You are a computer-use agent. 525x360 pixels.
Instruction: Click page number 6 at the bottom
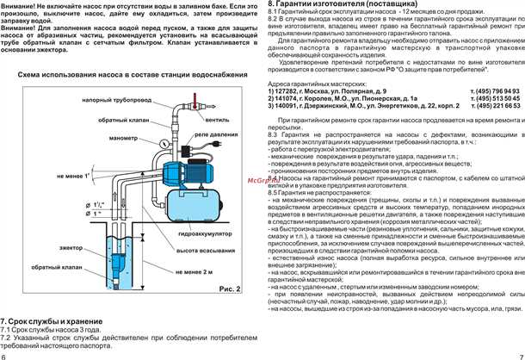(x=4, y=355)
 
